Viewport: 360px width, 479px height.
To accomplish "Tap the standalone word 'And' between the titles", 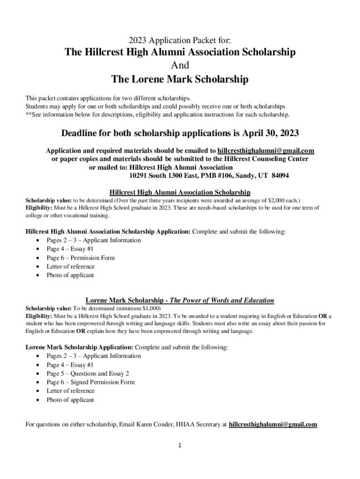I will (x=180, y=65).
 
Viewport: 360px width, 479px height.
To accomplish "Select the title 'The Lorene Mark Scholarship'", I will (x=180, y=80).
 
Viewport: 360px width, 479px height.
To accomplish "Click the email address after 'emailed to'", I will (x=266, y=151).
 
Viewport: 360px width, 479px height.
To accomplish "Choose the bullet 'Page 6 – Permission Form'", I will (x=80, y=258).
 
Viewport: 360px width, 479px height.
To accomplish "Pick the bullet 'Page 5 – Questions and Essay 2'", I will (x=87, y=373).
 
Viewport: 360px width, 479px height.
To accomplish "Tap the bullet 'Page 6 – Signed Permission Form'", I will (x=90, y=382).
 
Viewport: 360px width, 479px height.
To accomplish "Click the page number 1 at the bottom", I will (x=180, y=445).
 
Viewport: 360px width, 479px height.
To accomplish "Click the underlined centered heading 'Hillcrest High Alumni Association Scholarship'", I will (x=180, y=192).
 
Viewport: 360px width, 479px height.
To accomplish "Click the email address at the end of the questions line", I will (x=273, y=425).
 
